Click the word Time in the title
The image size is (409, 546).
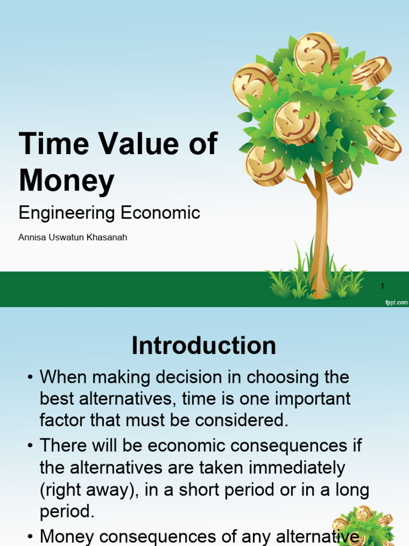[x=46, y=144]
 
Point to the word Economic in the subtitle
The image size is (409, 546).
[x=161, y=213]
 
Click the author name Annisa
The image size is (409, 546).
[x=32, y=237]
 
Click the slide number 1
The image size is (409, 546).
[x=382, y=286]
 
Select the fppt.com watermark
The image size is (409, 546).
[x=396, y=302]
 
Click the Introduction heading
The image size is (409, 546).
[x=204, y=346]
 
